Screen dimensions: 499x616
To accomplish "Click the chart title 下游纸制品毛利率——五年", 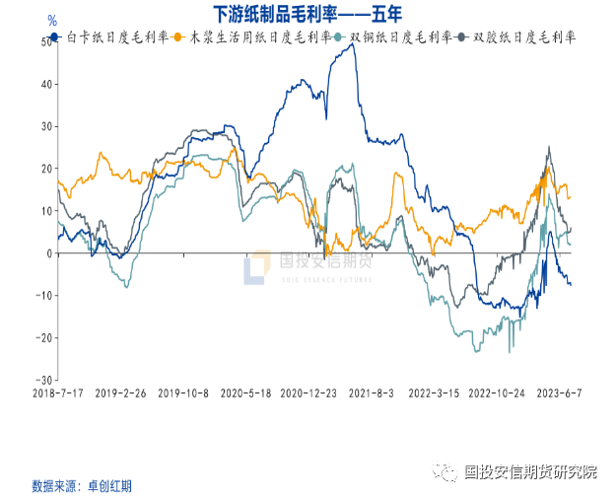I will pos(308,14).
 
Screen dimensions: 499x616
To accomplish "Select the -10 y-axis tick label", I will pos(44,296).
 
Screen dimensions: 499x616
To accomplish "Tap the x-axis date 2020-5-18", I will pos(245,392).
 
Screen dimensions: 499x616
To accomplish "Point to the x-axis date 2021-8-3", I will pos(372,392).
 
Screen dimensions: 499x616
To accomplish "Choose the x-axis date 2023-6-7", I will pos(560,392).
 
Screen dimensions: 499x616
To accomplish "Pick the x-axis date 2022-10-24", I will pos(496,392).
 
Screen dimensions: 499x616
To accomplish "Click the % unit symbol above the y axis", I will pos(52,20).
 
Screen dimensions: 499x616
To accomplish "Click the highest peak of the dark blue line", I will pos(352,44).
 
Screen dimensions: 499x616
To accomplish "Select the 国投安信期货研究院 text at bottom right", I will pos(531,471).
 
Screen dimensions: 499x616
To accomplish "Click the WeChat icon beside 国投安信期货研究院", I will pos(449,471).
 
